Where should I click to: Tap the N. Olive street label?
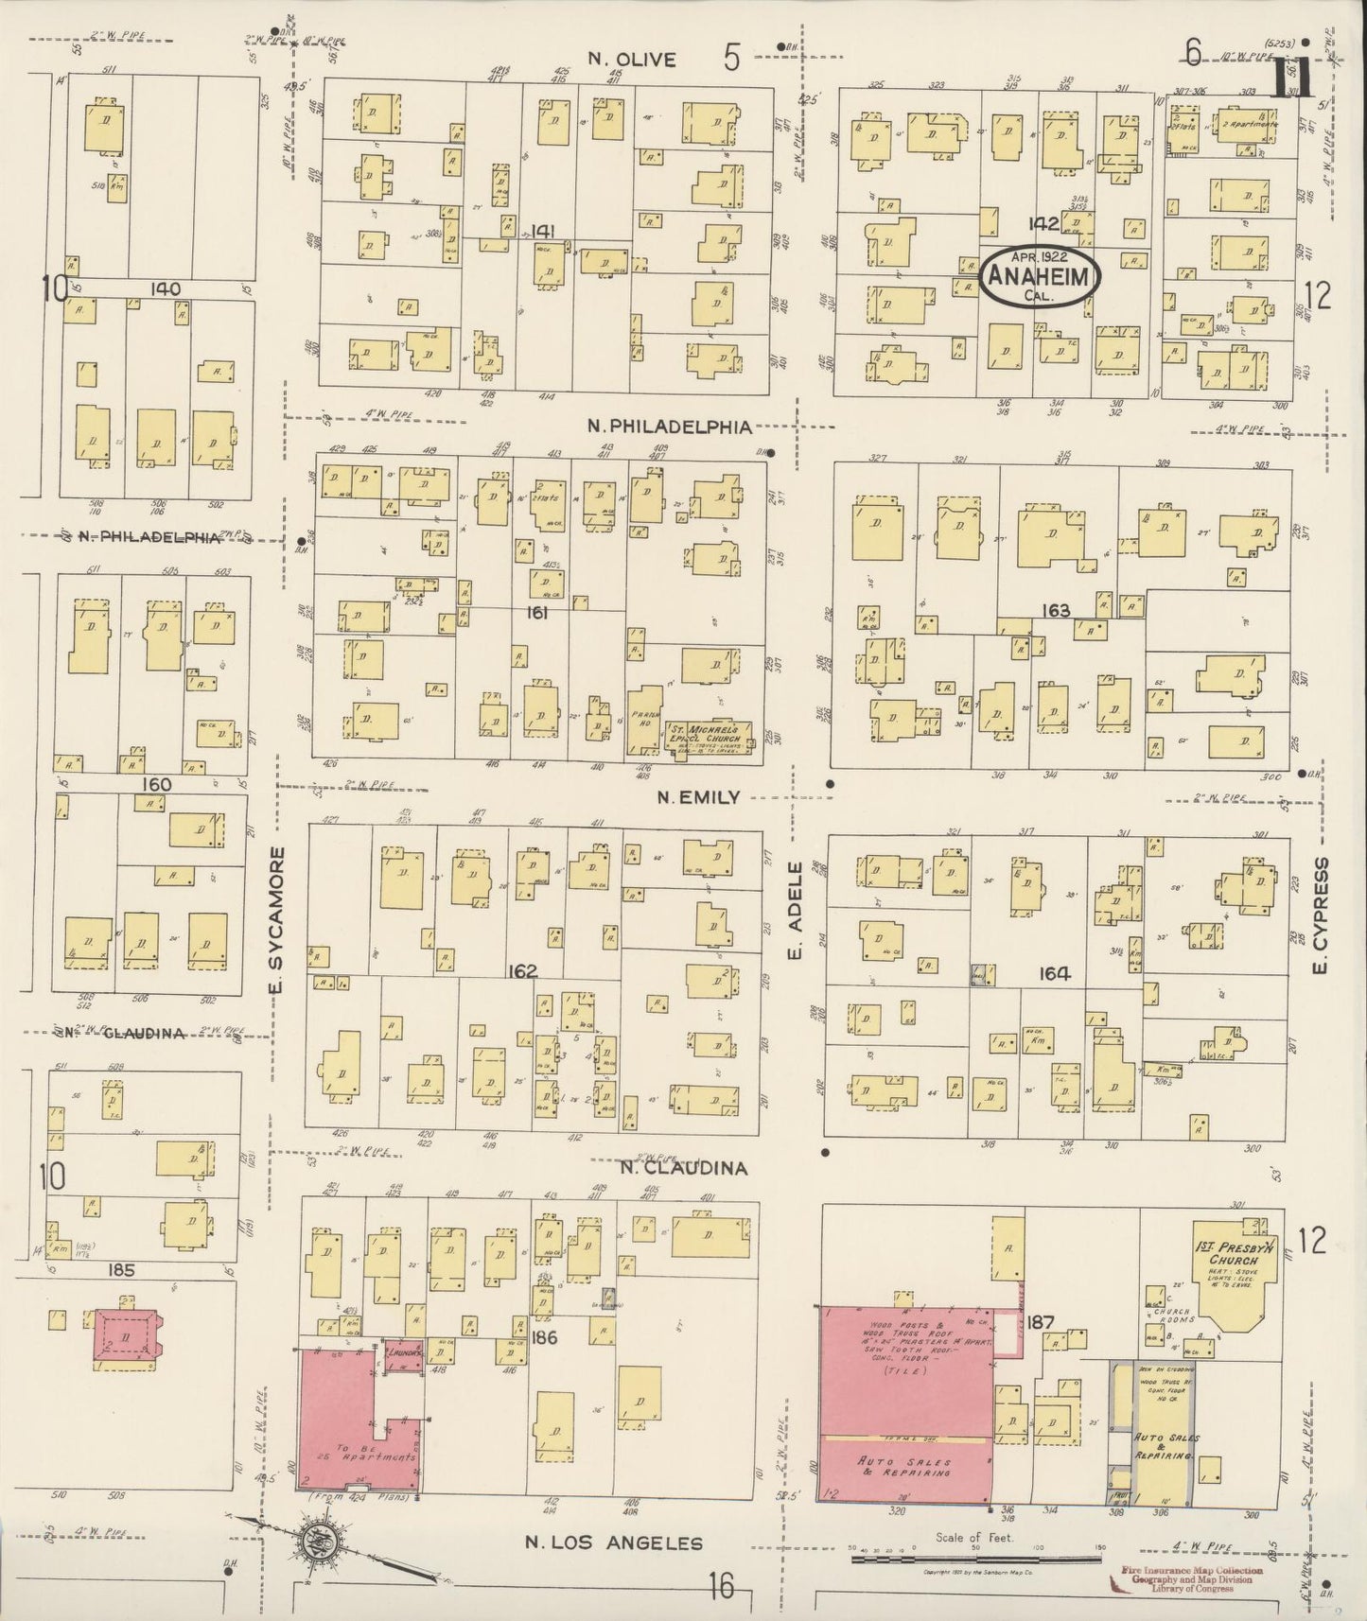coord(631,59)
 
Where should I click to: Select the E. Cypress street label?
coord(1322,915)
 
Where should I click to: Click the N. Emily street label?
coord(698,798)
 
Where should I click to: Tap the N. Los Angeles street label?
coord(614,1543)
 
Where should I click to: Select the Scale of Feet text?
coord(973,1538)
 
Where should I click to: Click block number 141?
coord(542,232)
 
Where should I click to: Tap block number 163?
coord(1055,611)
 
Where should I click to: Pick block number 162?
coord(521,971)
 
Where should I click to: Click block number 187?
coord(1042,1321)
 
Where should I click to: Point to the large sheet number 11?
coord(1291,76)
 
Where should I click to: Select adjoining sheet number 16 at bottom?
coord(722,1585)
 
